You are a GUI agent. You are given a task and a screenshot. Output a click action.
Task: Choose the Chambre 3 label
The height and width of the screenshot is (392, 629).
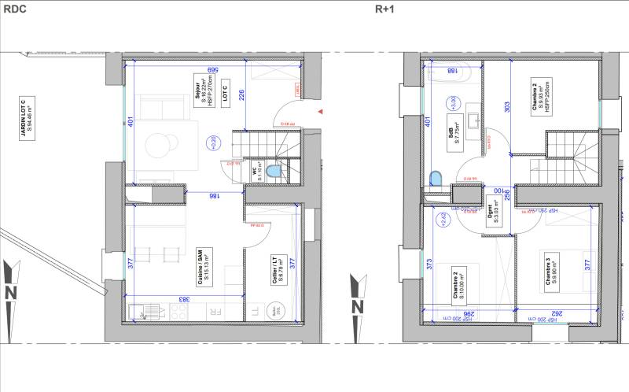tap(550, 265)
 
